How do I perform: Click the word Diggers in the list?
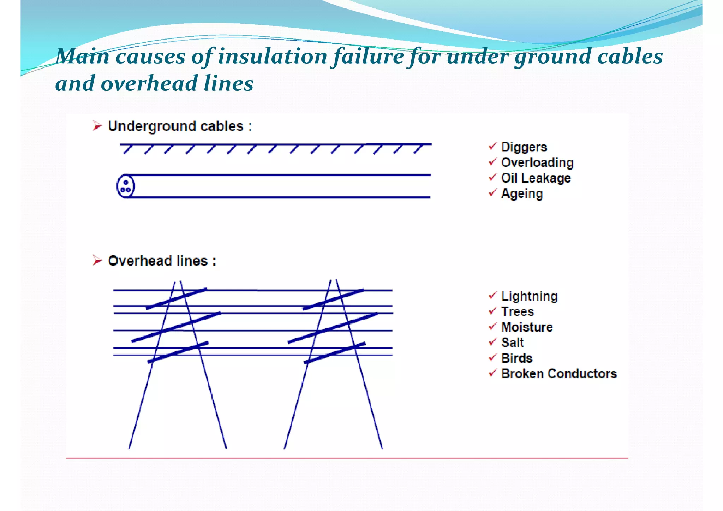click(524, 147)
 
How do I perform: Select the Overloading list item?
click(537, 162)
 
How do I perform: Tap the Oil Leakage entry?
click(536, 178)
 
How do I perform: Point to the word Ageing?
click(522, 194)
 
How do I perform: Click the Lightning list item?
click(529, 296)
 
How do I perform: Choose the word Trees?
click(518, 312)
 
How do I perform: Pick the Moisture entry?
click(527, 327)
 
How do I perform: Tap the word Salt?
click(512, 343)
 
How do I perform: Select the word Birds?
click(516, 358)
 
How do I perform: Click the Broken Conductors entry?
click(558, 374)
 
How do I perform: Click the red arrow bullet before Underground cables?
click(97, 126)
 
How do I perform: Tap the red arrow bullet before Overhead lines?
click(97, 260)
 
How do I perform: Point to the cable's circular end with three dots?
click(126, 186)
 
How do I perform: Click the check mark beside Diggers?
click(493, 146)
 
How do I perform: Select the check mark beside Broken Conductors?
click(493, 373)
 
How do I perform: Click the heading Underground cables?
click(180, 126)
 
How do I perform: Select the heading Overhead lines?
click(162, 261)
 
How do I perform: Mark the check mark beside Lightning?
click(493, 295)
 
